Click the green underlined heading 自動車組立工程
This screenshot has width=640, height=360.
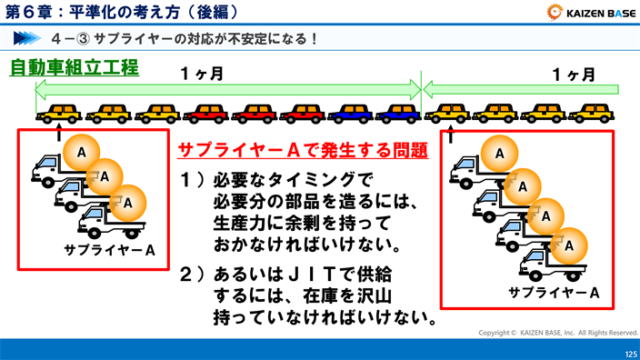point(74,67)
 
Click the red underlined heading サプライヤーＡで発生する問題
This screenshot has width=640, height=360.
point(303,151)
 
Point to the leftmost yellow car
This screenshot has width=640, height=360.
point(58,113)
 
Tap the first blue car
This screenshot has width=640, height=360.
point(350,113)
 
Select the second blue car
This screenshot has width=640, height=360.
point(398,113)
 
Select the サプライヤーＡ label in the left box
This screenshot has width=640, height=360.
point(110,250)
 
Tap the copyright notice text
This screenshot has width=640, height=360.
point(558,333)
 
